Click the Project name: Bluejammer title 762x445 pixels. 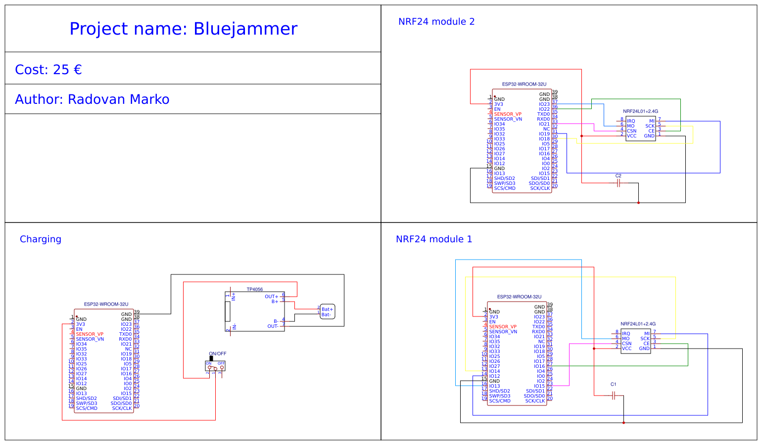tap(183, 29)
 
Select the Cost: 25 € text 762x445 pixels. tap(48, 70)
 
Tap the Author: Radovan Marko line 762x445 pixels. tap(92, 99)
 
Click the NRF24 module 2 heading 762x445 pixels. tap(436, 22)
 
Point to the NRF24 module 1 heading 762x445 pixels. tap(434, 239)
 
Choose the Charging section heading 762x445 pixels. tap(41, 239)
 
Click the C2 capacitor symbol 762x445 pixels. tap(618, 183)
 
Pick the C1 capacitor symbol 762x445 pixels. tap(613, 396)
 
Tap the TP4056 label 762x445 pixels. tap(255, 289)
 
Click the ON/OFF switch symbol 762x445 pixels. tap(215, 365)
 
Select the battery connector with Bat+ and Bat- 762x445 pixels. tap(327, 311)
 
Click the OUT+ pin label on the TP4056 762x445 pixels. tap(271, 297)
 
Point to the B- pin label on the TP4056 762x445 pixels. tap(276, 321)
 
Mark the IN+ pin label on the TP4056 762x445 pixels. tap(234, 296)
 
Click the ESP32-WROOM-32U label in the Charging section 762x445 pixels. tap(106, 305)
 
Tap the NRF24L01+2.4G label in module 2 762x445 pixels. tap(640, 112)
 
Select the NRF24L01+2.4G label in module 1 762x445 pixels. tap(638, 324)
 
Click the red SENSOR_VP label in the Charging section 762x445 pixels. tap(90, 334)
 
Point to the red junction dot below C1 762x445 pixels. tap(623, 423)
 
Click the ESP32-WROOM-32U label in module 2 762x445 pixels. tap(524, 85)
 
